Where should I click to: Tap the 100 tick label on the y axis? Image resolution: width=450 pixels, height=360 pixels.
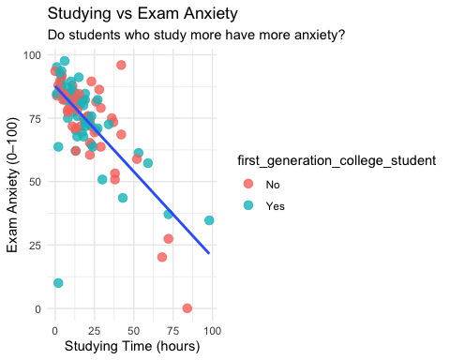tap(33, 55)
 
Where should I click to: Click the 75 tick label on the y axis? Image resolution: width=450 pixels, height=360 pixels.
tap(36, 118)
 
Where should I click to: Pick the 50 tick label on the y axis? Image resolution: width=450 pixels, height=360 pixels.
tap(36, 182)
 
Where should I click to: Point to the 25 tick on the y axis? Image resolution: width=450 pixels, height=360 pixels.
tap(36, 246)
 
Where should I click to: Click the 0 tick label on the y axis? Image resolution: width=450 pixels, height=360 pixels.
tap(38, 308)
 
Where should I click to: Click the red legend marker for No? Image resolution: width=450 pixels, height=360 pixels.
tap(248, 185)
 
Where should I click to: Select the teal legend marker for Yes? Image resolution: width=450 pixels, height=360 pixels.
tap(248, 205)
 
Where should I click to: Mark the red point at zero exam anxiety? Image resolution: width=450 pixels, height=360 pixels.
tap(187, 307)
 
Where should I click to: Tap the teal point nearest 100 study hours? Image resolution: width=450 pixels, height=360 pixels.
tap(209, 220)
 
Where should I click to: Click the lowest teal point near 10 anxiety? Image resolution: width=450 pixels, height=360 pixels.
tap(58, 283)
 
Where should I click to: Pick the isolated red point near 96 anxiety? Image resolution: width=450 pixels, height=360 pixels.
tap(121, 65)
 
